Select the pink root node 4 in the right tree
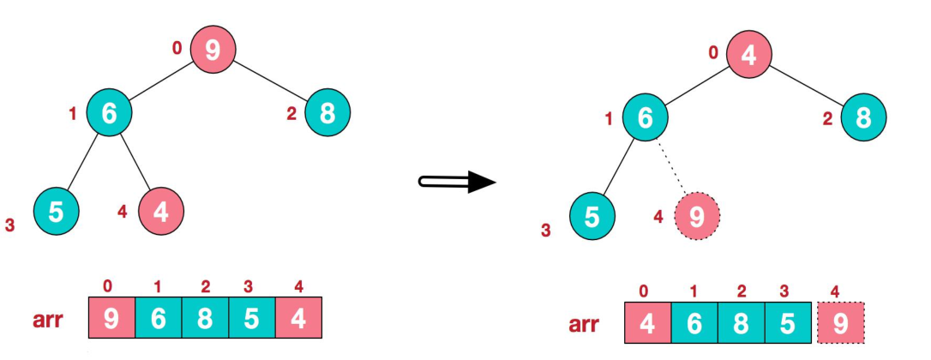click(x=748, y=55)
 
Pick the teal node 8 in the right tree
click(x=863, y=117)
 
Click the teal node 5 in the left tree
click(x=56, y=210)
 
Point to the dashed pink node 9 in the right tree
click(x=697, y=217)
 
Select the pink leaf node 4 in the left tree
click(x=160, y=210)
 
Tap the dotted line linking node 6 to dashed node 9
click(x=672, y=169)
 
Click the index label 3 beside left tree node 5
click(x=9, y=226)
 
